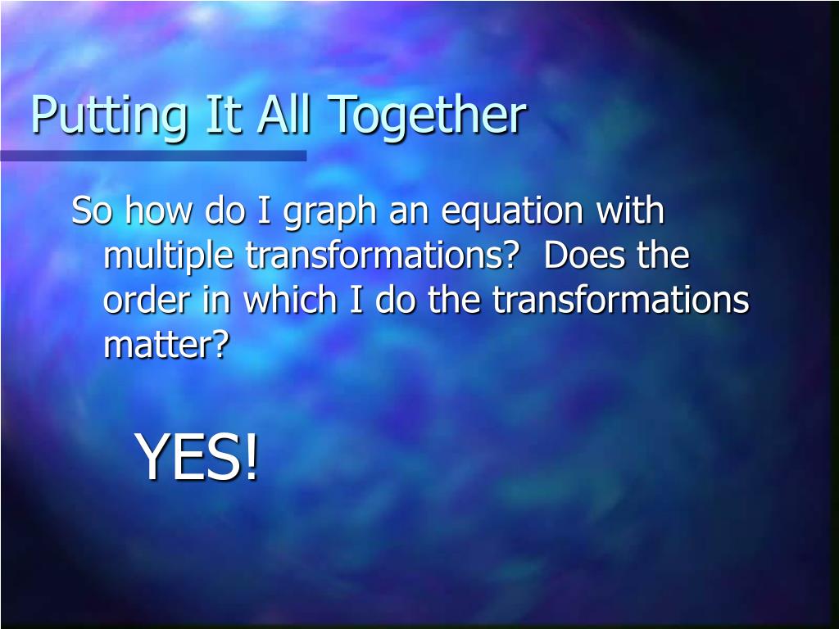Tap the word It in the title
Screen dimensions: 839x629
coord(224,114)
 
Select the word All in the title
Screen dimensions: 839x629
coord(283,114)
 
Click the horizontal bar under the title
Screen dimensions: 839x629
coord(153,156)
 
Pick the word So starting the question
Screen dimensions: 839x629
coord(92,210)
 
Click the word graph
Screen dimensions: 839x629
coord(329,213)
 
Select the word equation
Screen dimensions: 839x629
coord(512,213)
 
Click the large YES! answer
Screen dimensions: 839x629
coord(197,457)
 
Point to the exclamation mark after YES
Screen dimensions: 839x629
coord(252,457)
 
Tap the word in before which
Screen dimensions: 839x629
coord(216,300)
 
